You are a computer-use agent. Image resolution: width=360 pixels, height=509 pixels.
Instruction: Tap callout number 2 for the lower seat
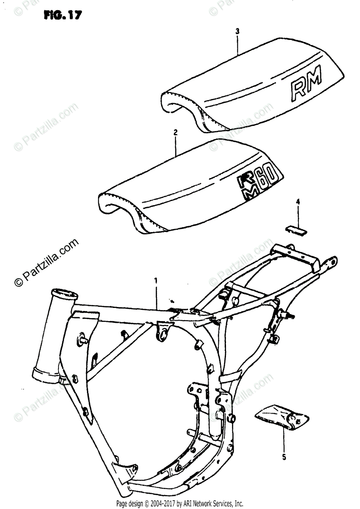pos(175,133)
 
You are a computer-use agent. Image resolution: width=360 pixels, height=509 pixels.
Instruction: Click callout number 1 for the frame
pos(156,280)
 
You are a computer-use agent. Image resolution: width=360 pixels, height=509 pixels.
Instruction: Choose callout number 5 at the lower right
pos(284,457)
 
